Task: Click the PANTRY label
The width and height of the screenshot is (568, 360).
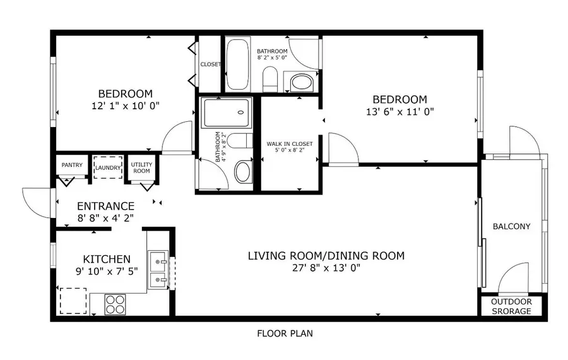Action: click(72, 165)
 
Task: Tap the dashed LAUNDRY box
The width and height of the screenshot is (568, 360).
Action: click(107, 168)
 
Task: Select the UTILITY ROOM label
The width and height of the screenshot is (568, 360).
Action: click(141, 167)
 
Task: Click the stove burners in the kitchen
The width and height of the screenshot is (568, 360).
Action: click(115, 304)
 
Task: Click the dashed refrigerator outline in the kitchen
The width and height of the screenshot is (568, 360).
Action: click(73, 301)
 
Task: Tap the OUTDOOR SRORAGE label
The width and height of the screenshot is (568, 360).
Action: click(511, 306)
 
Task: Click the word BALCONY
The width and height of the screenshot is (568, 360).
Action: click(511, 226)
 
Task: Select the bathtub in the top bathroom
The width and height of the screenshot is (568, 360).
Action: click(238, 65)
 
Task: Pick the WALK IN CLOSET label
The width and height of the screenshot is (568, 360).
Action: click(290, 144)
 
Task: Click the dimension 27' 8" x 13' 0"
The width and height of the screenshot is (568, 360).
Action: click(326, 268)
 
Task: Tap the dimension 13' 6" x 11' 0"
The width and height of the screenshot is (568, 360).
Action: click(399, 112)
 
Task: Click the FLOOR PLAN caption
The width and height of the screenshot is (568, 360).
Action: click(284, 333)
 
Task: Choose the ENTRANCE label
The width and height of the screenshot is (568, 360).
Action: click(105, 206)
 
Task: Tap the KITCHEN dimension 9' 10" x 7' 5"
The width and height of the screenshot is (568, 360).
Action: click(107, 271)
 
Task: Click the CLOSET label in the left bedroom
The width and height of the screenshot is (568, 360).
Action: click(210, 64)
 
